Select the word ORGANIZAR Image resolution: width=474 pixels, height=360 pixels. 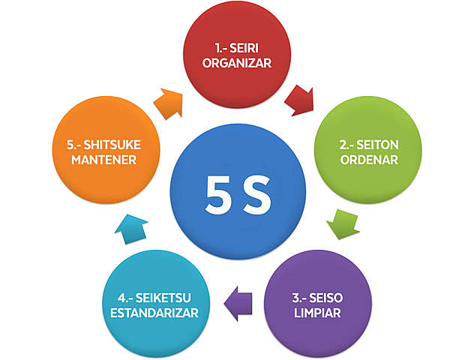(x=237, y=63)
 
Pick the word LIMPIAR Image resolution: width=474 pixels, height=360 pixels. (x=315, y=312)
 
